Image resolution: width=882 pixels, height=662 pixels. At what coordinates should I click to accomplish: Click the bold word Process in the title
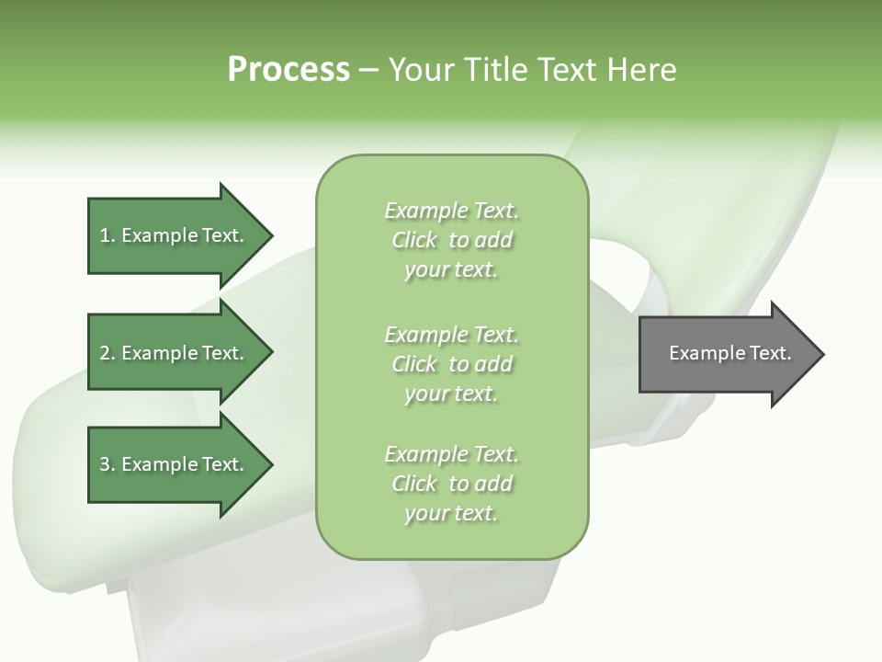coord(288,69)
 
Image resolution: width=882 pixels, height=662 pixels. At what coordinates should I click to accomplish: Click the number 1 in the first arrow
coord(105,235)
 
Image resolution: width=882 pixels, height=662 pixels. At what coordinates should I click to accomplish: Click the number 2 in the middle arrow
coord(105,353)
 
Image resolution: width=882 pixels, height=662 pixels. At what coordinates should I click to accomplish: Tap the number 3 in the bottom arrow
coord(105,464)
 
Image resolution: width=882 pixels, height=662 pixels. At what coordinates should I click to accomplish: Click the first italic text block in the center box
coord(451,240)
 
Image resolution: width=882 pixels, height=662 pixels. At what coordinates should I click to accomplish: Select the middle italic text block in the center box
coord(451,364)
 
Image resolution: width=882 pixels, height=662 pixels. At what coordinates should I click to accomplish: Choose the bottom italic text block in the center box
coord(451,484)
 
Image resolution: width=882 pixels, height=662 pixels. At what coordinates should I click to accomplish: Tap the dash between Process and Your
coord(368,70)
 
